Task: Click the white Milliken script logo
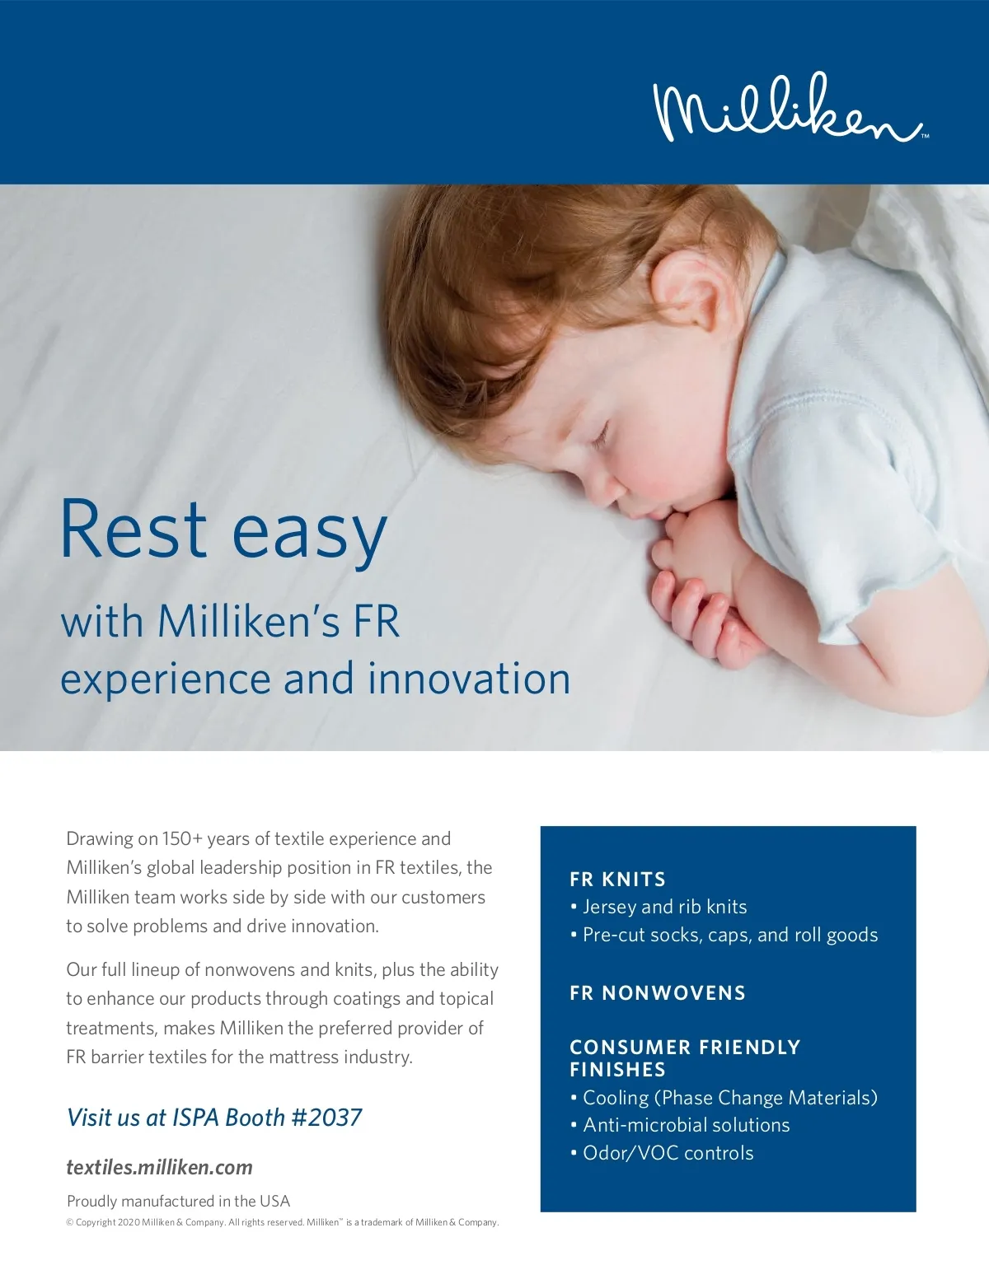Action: pyautogui.click(x=790, y=108)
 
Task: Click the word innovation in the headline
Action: pyautogui.click(x=469, y=678)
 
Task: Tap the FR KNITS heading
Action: pyautogui.click(x=617, y=880)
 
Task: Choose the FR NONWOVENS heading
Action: pyautogui.click(x=658, y=993)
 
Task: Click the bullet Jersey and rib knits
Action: pyautogui.click(x=659, y=907)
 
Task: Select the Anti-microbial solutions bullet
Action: pyautogui.click(x=680, y=1125)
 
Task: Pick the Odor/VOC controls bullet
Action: pyautogui.click(x=662, y=1152)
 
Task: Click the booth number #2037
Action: pyautogui.click(x=326, y=1117)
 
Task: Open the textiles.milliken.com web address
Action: pyautogui.click(x=160, y=1167)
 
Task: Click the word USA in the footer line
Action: pyautogui.click(x=275, y=1201)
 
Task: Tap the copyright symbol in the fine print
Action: pyautogui.click(x=69, y=1222)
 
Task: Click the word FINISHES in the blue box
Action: pyautogui.click(x=617, y=1070)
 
